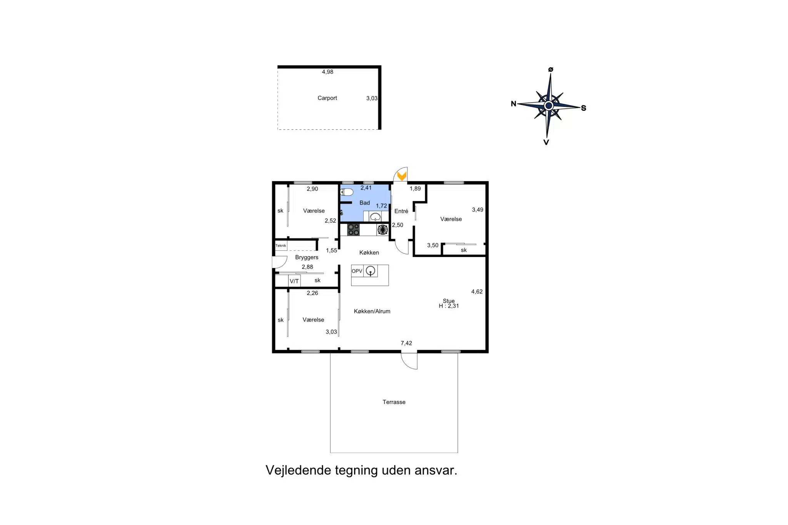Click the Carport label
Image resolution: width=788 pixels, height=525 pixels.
point(327,98)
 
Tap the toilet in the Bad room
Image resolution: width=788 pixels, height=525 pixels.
point(347,192)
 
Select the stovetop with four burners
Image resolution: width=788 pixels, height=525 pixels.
point(353,230)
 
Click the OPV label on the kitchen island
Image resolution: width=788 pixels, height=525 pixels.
point(357,271)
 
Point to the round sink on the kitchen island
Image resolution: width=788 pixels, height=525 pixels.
point(370,271)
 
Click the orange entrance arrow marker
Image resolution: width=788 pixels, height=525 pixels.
point(402,176)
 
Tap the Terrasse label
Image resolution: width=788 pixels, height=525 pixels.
point(394,402)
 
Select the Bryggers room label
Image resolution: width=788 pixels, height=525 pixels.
point(307,257)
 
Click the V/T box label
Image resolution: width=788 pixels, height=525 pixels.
point(294,281)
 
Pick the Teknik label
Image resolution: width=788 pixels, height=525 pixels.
point(280,245)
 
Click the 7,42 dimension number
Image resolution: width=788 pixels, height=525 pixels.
point(406,343)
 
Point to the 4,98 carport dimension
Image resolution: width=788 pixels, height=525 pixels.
point(327,72)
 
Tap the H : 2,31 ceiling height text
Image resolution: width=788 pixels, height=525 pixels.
point(449,306)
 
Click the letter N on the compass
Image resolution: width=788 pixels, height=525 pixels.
point(513,103)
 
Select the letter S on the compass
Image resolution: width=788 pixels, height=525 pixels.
point(583,108)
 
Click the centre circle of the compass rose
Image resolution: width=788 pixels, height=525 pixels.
point(549,105)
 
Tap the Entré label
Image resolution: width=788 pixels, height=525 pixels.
point(401,211)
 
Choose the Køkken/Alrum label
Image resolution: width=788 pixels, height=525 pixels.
point(372,311)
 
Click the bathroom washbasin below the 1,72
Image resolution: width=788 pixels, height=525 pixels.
point(375,217)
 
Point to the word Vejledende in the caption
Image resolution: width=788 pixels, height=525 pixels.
point(298,470)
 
